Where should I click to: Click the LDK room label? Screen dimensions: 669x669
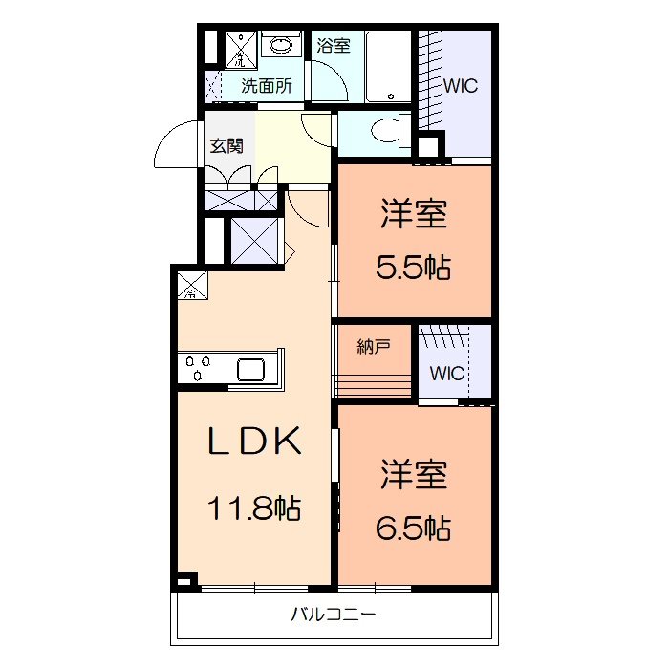pos(257,442)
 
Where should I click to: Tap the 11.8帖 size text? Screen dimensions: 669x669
pos(255,507)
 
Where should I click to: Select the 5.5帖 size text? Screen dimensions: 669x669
pos(413,269)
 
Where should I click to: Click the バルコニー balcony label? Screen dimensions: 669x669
pos(334,615)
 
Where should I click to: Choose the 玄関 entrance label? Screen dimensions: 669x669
pos(227,146)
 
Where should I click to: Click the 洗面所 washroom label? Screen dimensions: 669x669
pos(266,85)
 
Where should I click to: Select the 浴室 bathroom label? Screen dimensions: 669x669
pos(334,45)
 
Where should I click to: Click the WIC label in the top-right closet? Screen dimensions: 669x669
pos(460,85)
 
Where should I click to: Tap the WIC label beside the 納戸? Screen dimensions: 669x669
pos(446,373)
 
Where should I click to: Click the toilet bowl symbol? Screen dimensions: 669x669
pos(387,132)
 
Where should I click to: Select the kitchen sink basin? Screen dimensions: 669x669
pos(254,369)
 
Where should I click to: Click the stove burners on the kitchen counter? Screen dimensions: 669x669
pos(199,368)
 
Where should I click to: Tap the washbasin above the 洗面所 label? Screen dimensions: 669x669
pos(280,45)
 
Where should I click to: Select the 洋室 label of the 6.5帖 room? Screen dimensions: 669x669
pos(413,474)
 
